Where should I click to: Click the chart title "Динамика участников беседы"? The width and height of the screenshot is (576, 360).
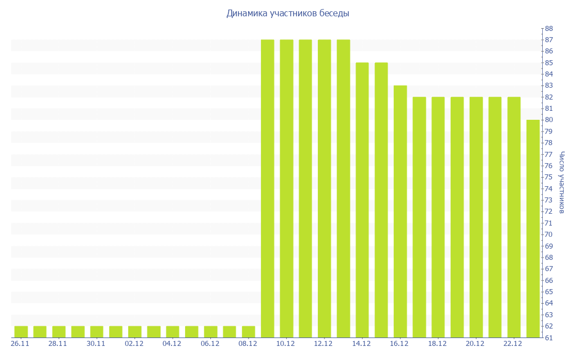click(x=287, y=13)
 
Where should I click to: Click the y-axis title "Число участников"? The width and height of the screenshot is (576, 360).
click(x=562, y=182)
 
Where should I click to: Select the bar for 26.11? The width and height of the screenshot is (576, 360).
click(x=21, y=332)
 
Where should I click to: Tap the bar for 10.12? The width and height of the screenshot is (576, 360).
click(x=286, y=188)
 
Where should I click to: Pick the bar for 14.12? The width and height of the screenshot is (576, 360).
click(x=362, y=200)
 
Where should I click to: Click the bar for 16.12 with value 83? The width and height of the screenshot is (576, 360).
click(x=400, y=211)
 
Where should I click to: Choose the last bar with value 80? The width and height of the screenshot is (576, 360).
click(x=533, y=228)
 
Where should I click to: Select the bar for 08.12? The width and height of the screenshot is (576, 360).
click(x=248, y=332)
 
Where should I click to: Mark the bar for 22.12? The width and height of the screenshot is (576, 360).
click(x=514, y=217)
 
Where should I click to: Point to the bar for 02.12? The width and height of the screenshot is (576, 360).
click(x=134, y=332)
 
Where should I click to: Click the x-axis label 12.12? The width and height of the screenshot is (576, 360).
click(x=323, y=344)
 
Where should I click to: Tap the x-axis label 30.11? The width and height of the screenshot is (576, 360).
click(x=96, y=344)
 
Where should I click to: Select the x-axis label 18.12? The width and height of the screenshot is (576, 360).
click(x=437, y=344)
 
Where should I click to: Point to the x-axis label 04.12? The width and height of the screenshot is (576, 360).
click(x=172, y=344)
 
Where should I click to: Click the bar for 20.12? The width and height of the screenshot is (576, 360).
click(x=476, y=217)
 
